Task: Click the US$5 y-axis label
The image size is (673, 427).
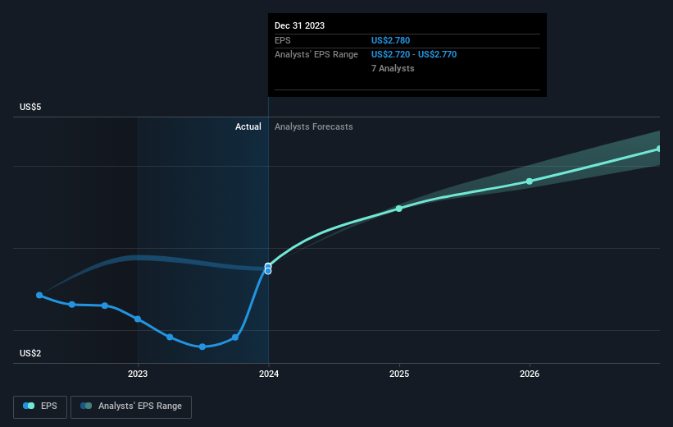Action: [33, 108]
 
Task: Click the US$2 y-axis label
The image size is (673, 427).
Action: [33, 353]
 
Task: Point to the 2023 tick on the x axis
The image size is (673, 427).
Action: [138, 374]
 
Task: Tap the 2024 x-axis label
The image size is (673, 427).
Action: [268, 374]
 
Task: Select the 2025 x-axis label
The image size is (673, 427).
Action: [399, 374]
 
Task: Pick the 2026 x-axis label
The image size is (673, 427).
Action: [530, 374]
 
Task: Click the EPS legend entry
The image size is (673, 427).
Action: [40, 406]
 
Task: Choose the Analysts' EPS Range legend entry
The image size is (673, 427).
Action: [131, 406]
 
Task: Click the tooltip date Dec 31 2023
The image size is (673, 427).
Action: [300, 25]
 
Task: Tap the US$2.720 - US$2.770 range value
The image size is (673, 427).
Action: [414, 54]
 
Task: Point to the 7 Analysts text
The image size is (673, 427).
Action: [393, 68]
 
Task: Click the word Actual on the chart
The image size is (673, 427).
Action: [248, 126]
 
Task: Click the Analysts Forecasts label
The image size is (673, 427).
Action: [314, 126]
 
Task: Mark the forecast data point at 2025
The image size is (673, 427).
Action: [399, 209]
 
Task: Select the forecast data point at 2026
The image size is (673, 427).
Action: [530, 181]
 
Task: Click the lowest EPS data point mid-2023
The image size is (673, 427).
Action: [202, 347]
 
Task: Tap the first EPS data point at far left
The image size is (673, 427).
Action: [39, 295]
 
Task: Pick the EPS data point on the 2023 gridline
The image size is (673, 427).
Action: [138, 319]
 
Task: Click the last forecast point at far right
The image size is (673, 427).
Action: [658, 149]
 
